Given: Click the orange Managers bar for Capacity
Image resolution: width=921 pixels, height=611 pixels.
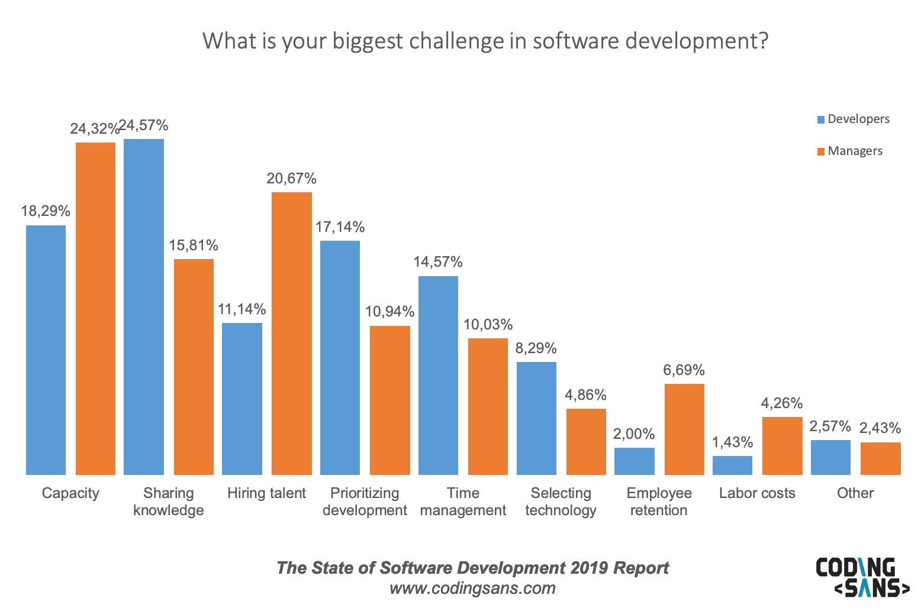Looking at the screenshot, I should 95,308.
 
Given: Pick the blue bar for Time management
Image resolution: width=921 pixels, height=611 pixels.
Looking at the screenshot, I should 438,375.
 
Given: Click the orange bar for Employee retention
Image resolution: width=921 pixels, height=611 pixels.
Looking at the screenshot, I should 684,429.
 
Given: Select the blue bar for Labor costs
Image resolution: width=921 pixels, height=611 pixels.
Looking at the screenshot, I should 732,465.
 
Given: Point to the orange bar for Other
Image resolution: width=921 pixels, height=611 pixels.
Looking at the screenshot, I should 880,458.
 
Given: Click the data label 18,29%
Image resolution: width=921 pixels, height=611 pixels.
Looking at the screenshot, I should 46,211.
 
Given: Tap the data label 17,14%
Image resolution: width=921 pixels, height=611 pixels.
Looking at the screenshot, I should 340,227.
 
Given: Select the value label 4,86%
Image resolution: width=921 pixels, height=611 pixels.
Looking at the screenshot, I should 585,395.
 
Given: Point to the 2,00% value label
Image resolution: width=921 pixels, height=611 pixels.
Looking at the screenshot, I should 634,434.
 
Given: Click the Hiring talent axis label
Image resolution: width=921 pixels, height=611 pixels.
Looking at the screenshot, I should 266,493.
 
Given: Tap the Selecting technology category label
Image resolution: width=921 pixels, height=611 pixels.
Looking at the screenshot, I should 561,502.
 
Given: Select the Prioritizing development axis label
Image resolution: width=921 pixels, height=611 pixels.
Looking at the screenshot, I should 365,502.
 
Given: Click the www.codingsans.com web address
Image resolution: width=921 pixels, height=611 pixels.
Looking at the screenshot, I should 472,589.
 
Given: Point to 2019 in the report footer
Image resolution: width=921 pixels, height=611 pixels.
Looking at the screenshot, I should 589,568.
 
